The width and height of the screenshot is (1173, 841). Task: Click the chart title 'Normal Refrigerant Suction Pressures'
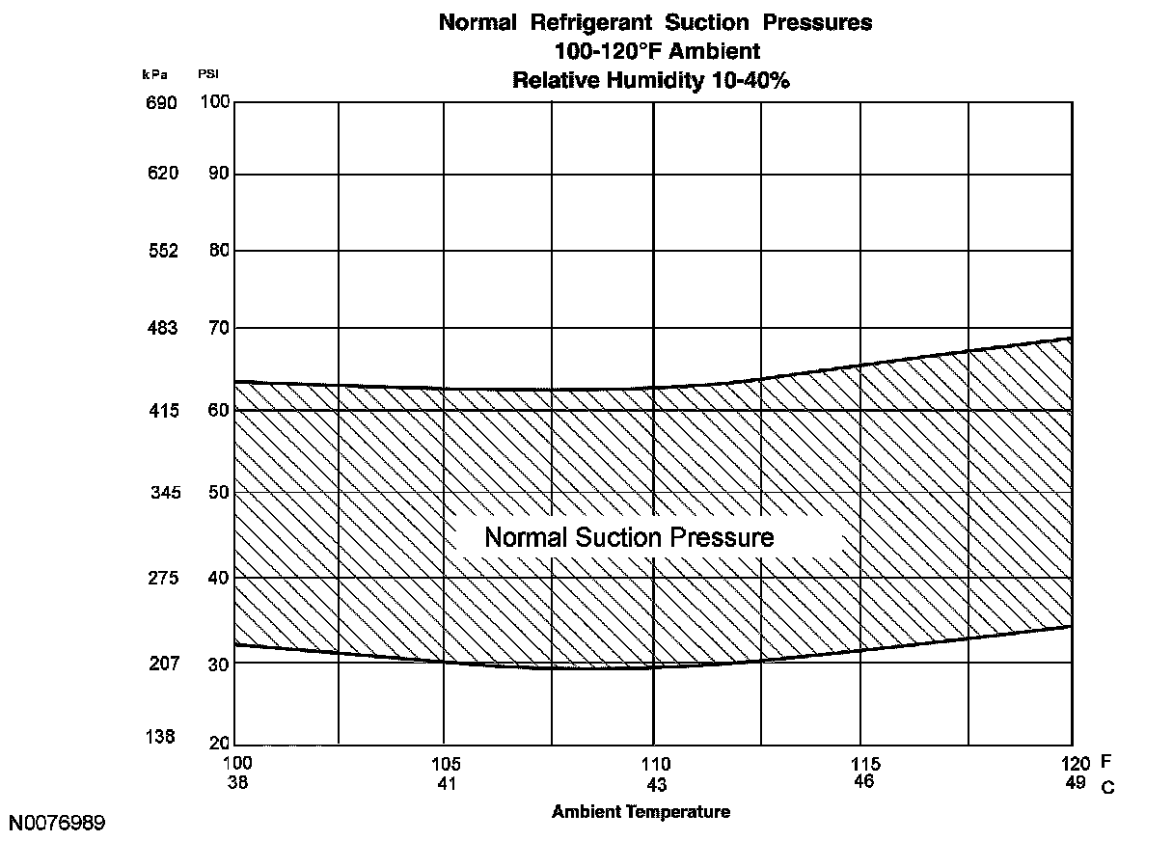(x=655, y=23)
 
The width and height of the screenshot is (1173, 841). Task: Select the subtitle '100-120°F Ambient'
(x=657, y=51)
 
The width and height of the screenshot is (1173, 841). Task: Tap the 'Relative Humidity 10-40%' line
(x=651, y=80)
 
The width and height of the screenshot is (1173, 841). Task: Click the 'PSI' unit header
(x=208, y=74)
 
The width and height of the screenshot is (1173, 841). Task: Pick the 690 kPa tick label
(x=162, y=103)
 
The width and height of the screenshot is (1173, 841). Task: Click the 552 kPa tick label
(x=162, y=251)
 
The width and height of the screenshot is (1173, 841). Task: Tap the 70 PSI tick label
(x=219, y=328)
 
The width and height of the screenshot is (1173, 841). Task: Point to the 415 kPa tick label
(x=162, y=411)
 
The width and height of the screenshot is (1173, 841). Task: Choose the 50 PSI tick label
(x=219, y=493)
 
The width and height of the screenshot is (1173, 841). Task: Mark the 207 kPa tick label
(x=162, y=664)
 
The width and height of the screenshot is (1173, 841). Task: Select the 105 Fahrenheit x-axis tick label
(x=446, y=765)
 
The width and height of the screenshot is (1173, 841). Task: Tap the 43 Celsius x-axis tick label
(x=656, y=784)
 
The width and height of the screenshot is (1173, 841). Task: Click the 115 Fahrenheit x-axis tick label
(x=865, y=765)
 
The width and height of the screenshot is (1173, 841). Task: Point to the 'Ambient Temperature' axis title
(x=641, y=812)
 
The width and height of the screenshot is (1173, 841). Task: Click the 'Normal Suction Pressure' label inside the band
(x=629, y=537)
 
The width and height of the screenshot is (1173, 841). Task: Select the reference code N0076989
(x=58, y=823)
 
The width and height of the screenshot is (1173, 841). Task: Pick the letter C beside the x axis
(x=1107, y=787)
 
